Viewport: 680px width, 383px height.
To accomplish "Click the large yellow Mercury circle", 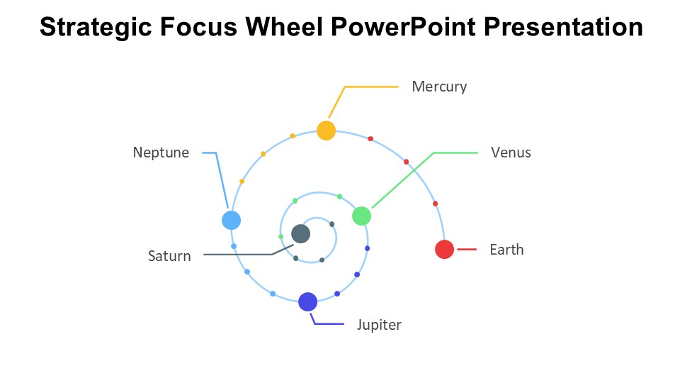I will pyautogui.click(x=326, y=131).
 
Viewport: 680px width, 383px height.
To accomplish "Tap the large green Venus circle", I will pyautogui.click(x=361, y=216).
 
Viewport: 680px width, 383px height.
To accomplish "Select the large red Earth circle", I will pyautogui.click(x=444, y=250).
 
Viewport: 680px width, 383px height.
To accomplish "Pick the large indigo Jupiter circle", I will pyautogui.click(x=307, y=302).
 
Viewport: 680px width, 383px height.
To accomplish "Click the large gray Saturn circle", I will pyautogui.click(x=300, y=233).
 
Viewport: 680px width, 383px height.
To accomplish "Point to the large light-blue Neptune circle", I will pyautogui.click(x=231, y=220).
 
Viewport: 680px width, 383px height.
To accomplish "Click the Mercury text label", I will pyautogui.click(x=439, y=87).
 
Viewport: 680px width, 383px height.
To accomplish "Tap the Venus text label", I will pyautogui.click(x=511, y=152).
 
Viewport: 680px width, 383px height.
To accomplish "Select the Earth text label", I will pyautogui.click(x=506, y=250).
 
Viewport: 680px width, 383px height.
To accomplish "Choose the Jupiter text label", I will pyautogui.click(x=379, y=325).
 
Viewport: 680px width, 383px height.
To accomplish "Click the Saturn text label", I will pyautogui.click(x=169, y=256).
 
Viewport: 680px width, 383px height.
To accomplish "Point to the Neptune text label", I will pyautogui.click(x=161, y=152).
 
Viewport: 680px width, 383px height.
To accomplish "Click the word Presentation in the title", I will pyautogui.click(x=564, y=28).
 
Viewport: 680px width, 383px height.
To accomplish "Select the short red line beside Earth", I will pyautogui.click(x=467, y=250).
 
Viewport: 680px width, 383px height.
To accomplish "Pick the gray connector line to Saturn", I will pyautogui.click(x=237, y=254).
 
